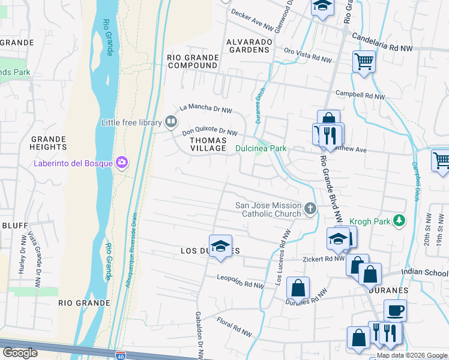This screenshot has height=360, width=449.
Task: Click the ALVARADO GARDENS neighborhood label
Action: [x=249, y=46]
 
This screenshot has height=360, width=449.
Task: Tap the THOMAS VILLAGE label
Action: [x=208, y=144]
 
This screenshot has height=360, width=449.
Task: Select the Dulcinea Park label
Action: [x=261, y=148]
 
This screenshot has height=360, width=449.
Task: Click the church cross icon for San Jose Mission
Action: [x=310, y=209]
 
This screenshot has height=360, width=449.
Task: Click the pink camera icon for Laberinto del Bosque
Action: [x=122, y=162]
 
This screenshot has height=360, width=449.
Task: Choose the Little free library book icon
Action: [x=171, y=122]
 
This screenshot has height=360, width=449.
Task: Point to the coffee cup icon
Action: [x=394, y=311]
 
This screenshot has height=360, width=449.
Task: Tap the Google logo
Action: [x=20, y=353]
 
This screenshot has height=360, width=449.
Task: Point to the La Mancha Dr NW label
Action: [x=206, y=109]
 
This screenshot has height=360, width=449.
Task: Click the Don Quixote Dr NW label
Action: [x=210, y=131]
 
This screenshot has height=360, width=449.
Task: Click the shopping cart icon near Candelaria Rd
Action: [x=364, y=61]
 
